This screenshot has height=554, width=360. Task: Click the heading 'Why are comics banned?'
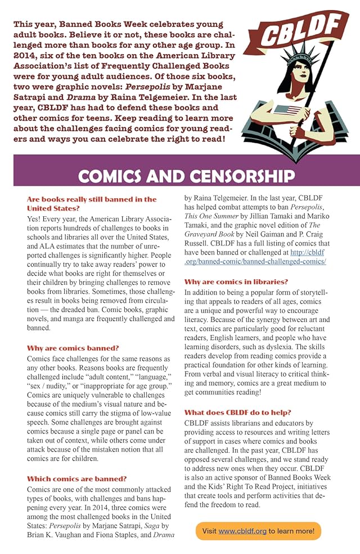(x=73, y=349)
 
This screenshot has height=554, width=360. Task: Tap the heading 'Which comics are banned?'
(x=77, y=479)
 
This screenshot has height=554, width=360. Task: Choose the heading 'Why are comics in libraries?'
(x=236, y=282)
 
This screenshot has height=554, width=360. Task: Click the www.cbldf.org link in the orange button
(x=242, y=531)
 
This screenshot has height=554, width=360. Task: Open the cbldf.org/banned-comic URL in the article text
(x=255, y=257)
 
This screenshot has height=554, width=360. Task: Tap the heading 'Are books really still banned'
(x=92, y=199)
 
